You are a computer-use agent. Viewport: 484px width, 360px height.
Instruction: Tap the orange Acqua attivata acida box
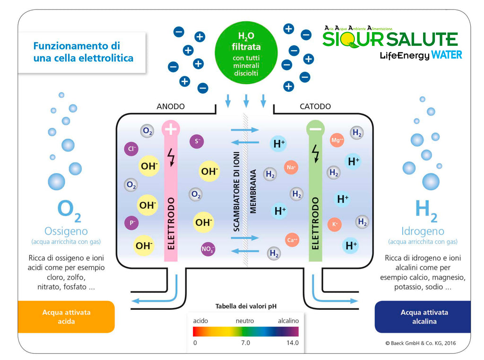[x=66, y=317]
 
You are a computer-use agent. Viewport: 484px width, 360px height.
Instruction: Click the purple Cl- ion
[x=131, y=149]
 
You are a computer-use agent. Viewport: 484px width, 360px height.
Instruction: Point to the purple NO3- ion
[x=208, y=249]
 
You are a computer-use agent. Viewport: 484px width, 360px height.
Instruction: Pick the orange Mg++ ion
[x=337, y=140]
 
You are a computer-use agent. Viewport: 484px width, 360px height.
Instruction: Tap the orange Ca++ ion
[x=292, y=240]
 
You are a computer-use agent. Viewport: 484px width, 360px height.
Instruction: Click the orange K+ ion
[x=335, y=224]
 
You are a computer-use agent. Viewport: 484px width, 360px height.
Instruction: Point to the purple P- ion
[x=131, y=223]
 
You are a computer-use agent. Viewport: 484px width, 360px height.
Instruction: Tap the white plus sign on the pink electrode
[x=170, y=129]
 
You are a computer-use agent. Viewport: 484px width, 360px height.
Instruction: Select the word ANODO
[x=171, y=106]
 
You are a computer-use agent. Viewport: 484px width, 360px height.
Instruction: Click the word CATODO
[x=315, y=106]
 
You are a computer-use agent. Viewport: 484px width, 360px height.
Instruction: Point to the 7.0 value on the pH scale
[x=246, y=342]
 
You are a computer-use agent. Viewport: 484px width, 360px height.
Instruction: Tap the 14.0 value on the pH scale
[x=293, y=342]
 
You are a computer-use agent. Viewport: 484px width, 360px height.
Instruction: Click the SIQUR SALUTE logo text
[x=390, y=39]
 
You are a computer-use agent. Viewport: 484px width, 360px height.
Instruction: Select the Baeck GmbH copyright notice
[x=421, y=343]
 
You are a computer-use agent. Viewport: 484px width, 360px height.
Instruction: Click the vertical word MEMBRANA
[x=253, y=191]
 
